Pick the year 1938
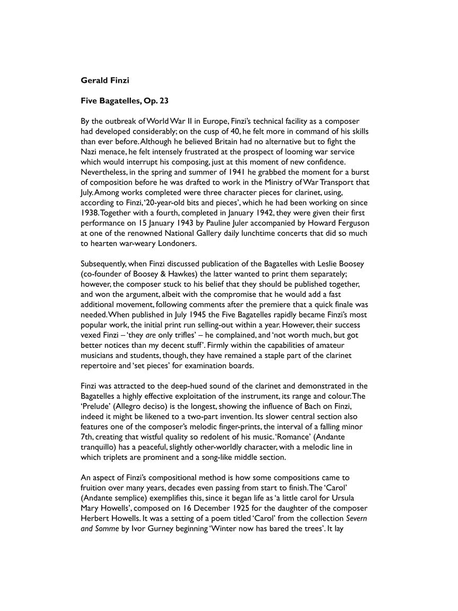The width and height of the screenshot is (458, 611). (90, 213)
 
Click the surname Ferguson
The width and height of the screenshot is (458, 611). (349, 223)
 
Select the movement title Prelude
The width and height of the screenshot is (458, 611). (97, 396)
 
